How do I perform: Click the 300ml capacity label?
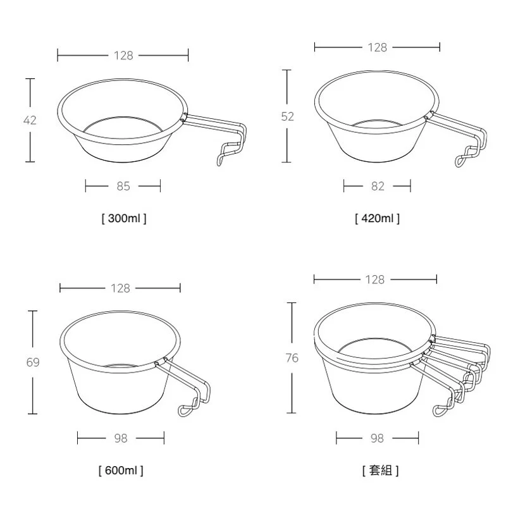click(x=124, y=218)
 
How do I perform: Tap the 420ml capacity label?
click(x=377, y=218)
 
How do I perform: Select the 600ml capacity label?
click(x=121, y=471)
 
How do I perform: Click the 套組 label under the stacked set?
click(x=381, y=471)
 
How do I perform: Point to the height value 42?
click(x=30, y=120)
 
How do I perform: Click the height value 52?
click(x=288, y=116)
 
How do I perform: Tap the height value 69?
click(x=33, y=362)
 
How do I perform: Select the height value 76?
click(x=292, y=358)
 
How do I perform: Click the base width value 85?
click(x=123, y=186)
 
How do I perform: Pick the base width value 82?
click(x=378, y=186)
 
